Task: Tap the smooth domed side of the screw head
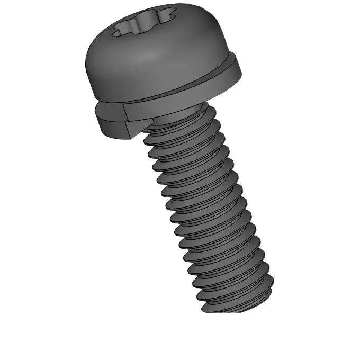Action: pyautogui.click(x=159, y=64)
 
